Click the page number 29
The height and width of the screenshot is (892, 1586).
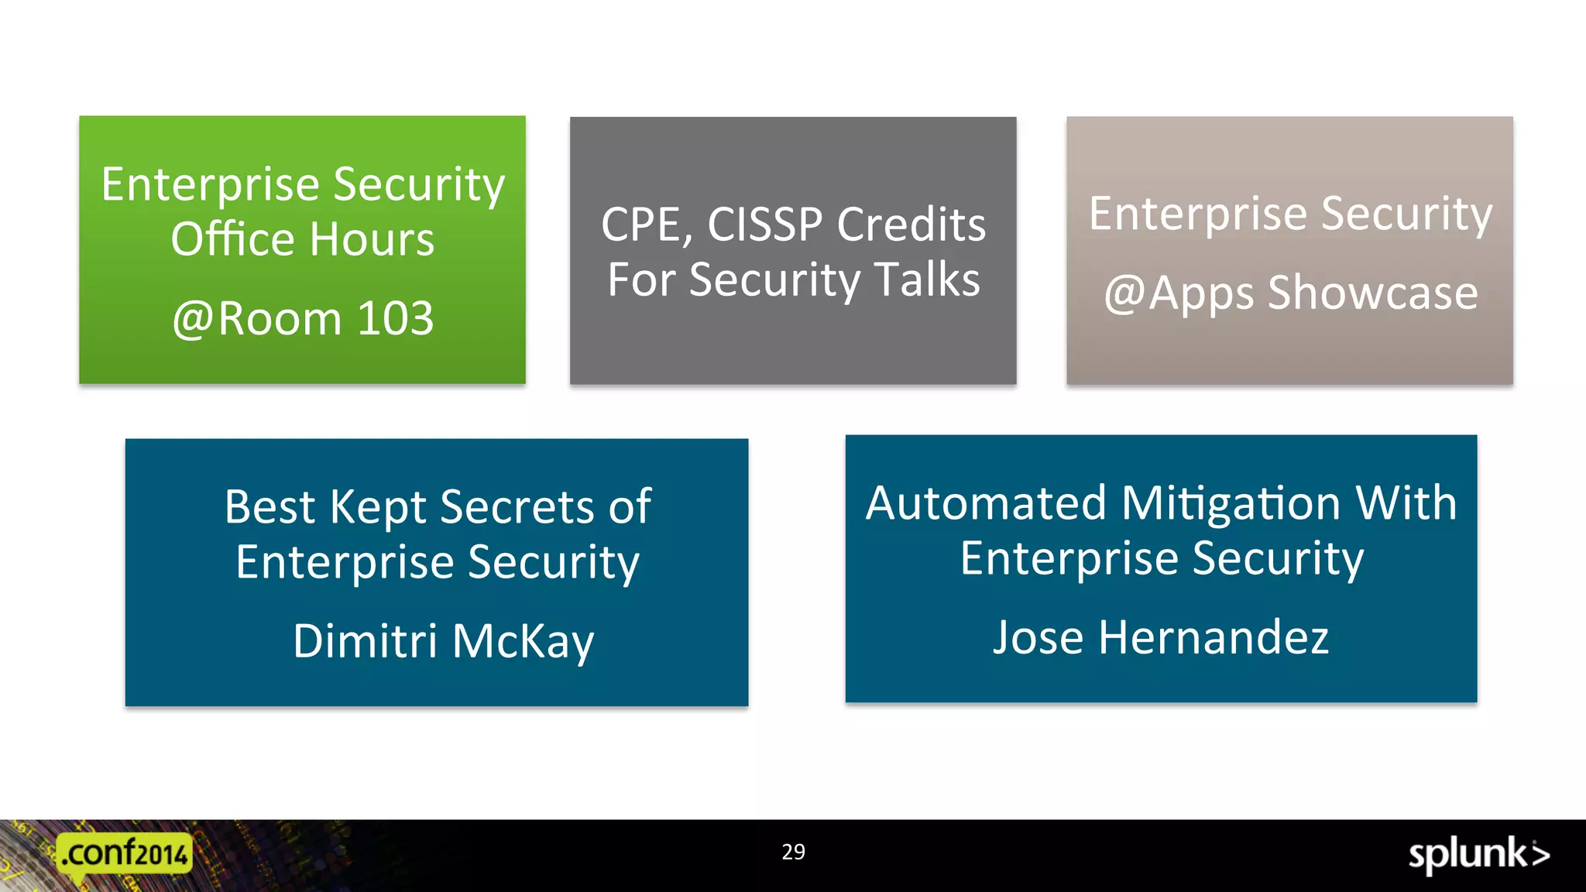[x=793, y=852]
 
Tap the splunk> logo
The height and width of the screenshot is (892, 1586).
[x=1478, y=855]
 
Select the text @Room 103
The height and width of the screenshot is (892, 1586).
[x=303, y=318]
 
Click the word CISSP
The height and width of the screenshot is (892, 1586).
[x=764, y=225]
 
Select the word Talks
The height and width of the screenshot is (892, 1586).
[x=927, y=280]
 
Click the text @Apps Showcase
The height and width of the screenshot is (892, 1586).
[x=1291, y=293]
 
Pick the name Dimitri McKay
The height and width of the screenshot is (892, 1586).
[x=443, y=641]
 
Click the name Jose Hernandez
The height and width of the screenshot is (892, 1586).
[x=1160, y=638]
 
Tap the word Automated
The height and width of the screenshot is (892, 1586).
[x=986, y=503]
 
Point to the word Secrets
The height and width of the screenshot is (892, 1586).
[x=517, y=507]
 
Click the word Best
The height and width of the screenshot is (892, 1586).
[x=269, y=507]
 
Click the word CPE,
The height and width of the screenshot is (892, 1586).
[x=646, y=225]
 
